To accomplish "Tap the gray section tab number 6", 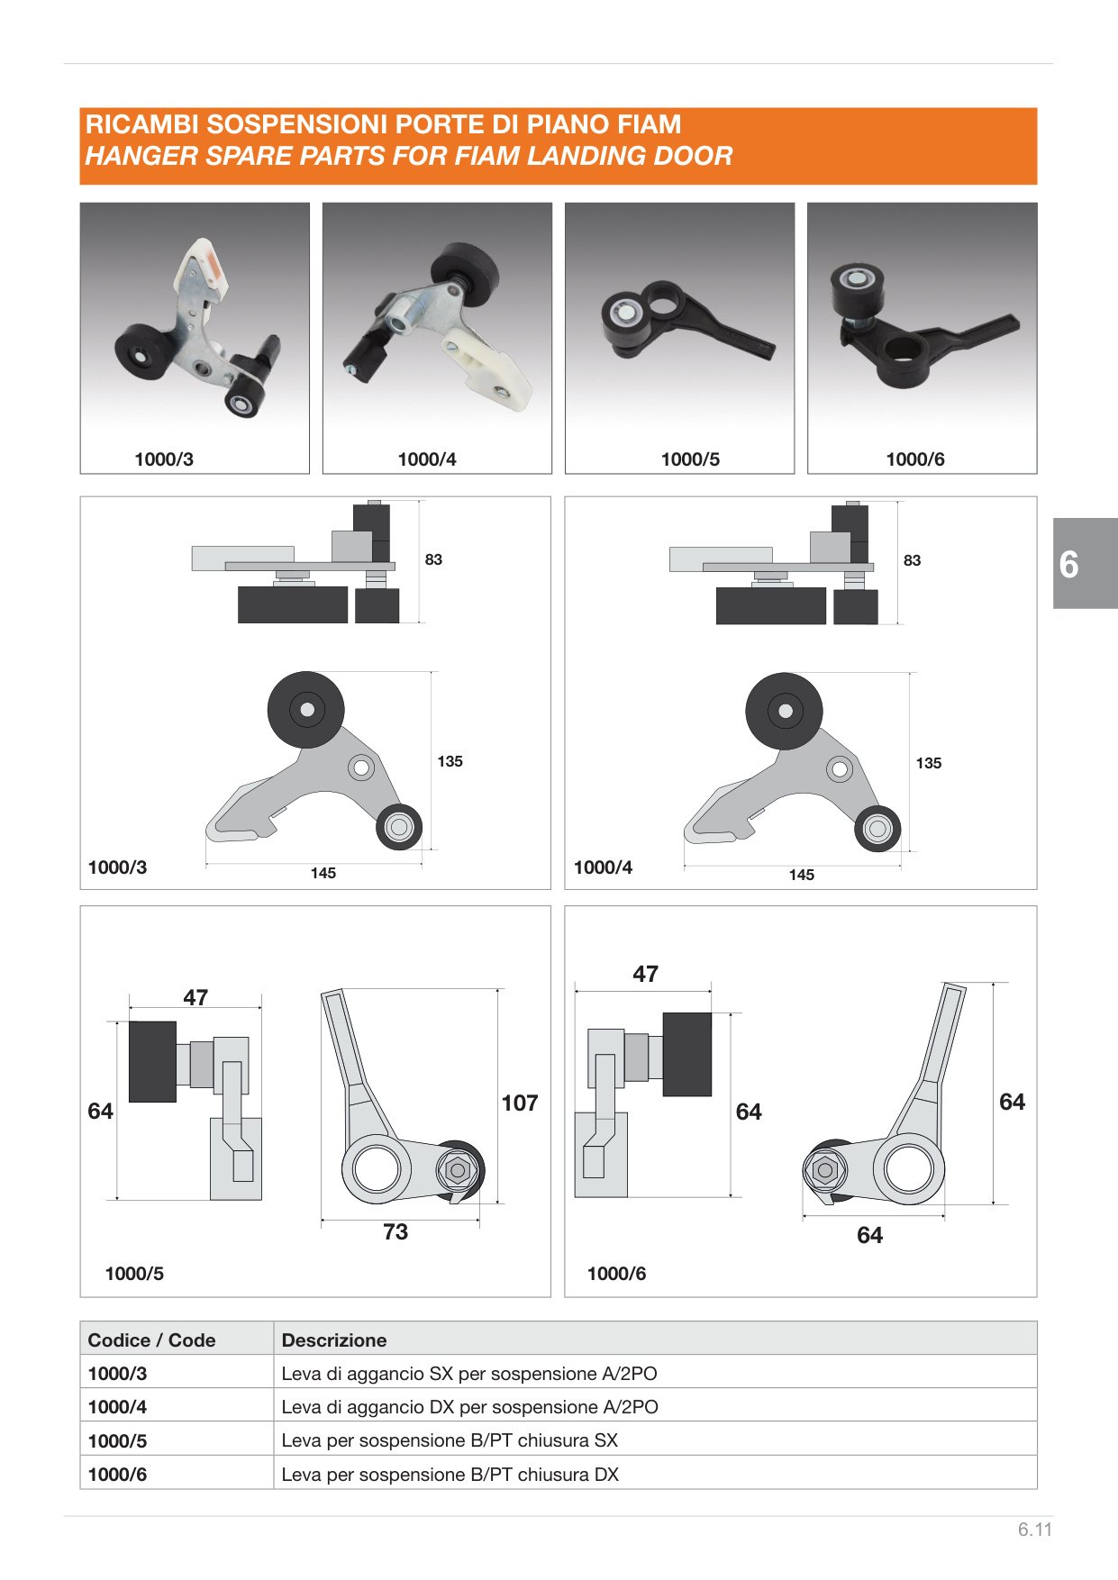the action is click(x=1068, y=565).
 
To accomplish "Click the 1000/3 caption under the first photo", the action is click(x=164, y=459).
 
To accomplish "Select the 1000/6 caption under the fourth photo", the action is click(x=915, y=459).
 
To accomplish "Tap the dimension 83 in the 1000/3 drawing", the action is click(x=433, y=559).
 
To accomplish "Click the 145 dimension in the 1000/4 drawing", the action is click(x=801, y=875).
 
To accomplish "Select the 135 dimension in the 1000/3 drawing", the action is click(x=450, y=761).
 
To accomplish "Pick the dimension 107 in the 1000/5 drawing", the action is click(x=520, y=1103).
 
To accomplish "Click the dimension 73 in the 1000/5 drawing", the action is click(x=395, y=1231).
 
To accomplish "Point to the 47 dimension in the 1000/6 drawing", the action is click(x=645, y=974).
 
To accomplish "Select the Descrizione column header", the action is click(x=334, y=1340).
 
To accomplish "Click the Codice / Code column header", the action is click(x=151, y=1340).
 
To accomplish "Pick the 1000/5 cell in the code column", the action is click(x=117, y=1441).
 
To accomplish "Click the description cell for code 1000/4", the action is click(x=469, y=1407).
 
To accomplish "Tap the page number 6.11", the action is click(x=1035, y=1530).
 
